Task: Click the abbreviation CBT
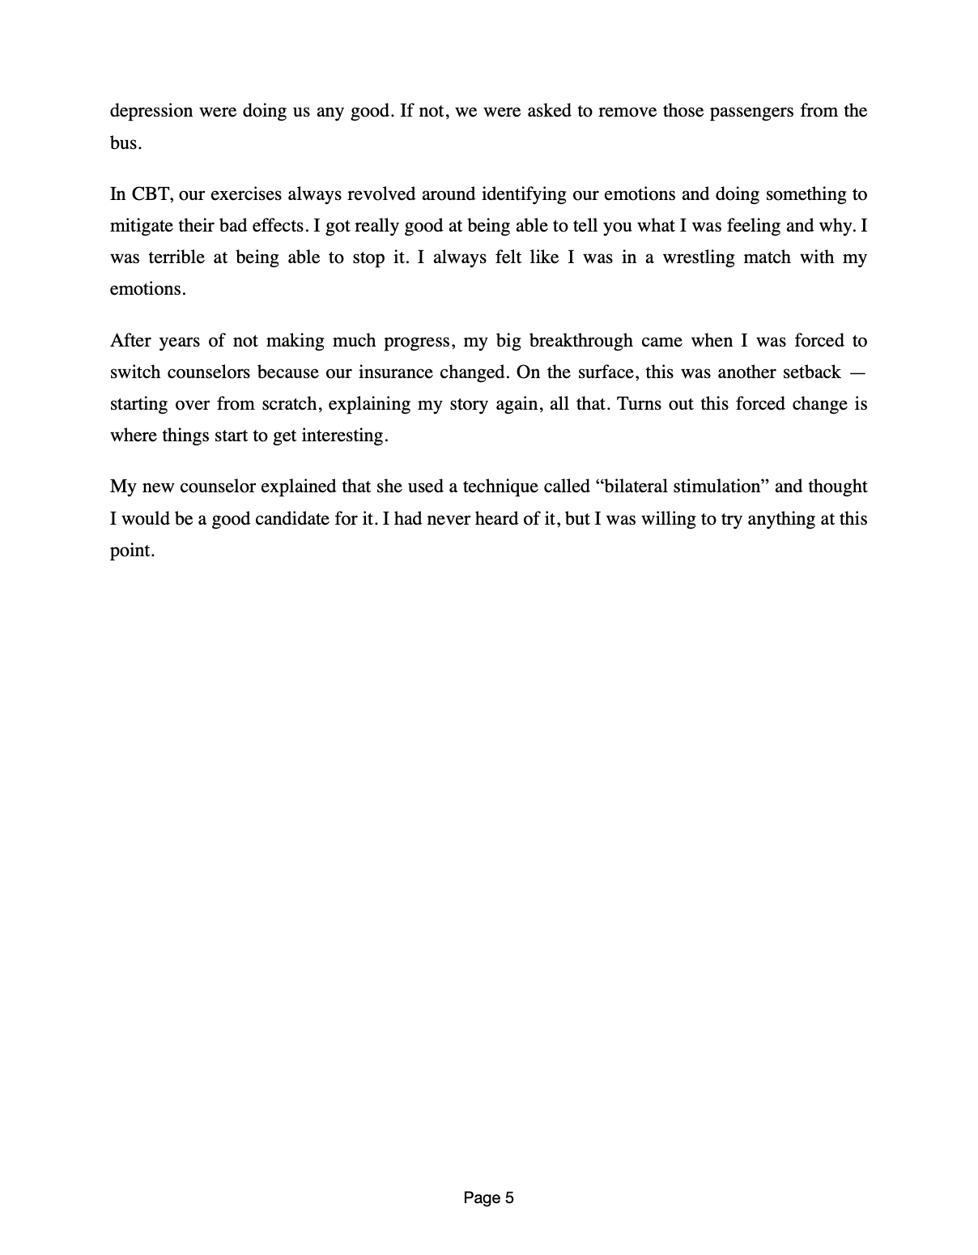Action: tap(151, 194)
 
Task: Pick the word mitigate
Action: tap(141, 226)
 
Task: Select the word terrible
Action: tap(180, 257)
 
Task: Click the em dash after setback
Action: tap(860, 372)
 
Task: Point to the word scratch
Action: tap(289, 404)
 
